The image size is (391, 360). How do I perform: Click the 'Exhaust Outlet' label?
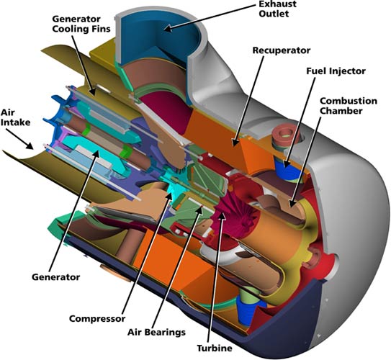pos(277,9)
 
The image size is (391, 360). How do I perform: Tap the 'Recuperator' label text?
pos(282,50)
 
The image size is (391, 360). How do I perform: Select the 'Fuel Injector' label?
pos(336,71)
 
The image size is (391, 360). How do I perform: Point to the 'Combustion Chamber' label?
pos(349,106)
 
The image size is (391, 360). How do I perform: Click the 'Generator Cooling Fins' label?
pos(81,24)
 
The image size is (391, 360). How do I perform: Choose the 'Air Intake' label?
pos(15,117)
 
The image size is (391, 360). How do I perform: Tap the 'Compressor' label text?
pos(97,319)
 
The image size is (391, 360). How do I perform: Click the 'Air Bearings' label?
pos(156,332)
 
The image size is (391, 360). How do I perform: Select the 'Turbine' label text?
pos(215,348)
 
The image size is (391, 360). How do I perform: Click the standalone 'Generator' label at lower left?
pos(56,277)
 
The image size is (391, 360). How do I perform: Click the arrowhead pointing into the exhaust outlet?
pos(168,28)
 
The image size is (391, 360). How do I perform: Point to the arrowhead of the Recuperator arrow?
pos(235,142)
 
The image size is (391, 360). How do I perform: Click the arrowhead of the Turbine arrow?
pos(222,214)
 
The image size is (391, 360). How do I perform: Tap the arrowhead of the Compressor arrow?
pos(168,196)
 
